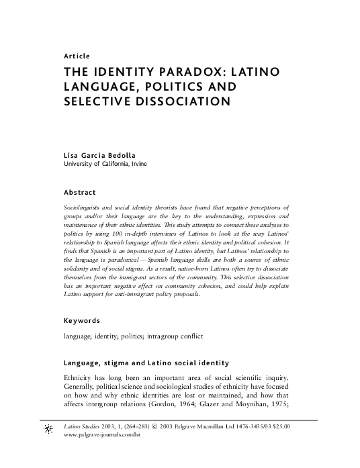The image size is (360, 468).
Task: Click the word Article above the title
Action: coord(75,56)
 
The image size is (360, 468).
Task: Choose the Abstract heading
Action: coord(80,193)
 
